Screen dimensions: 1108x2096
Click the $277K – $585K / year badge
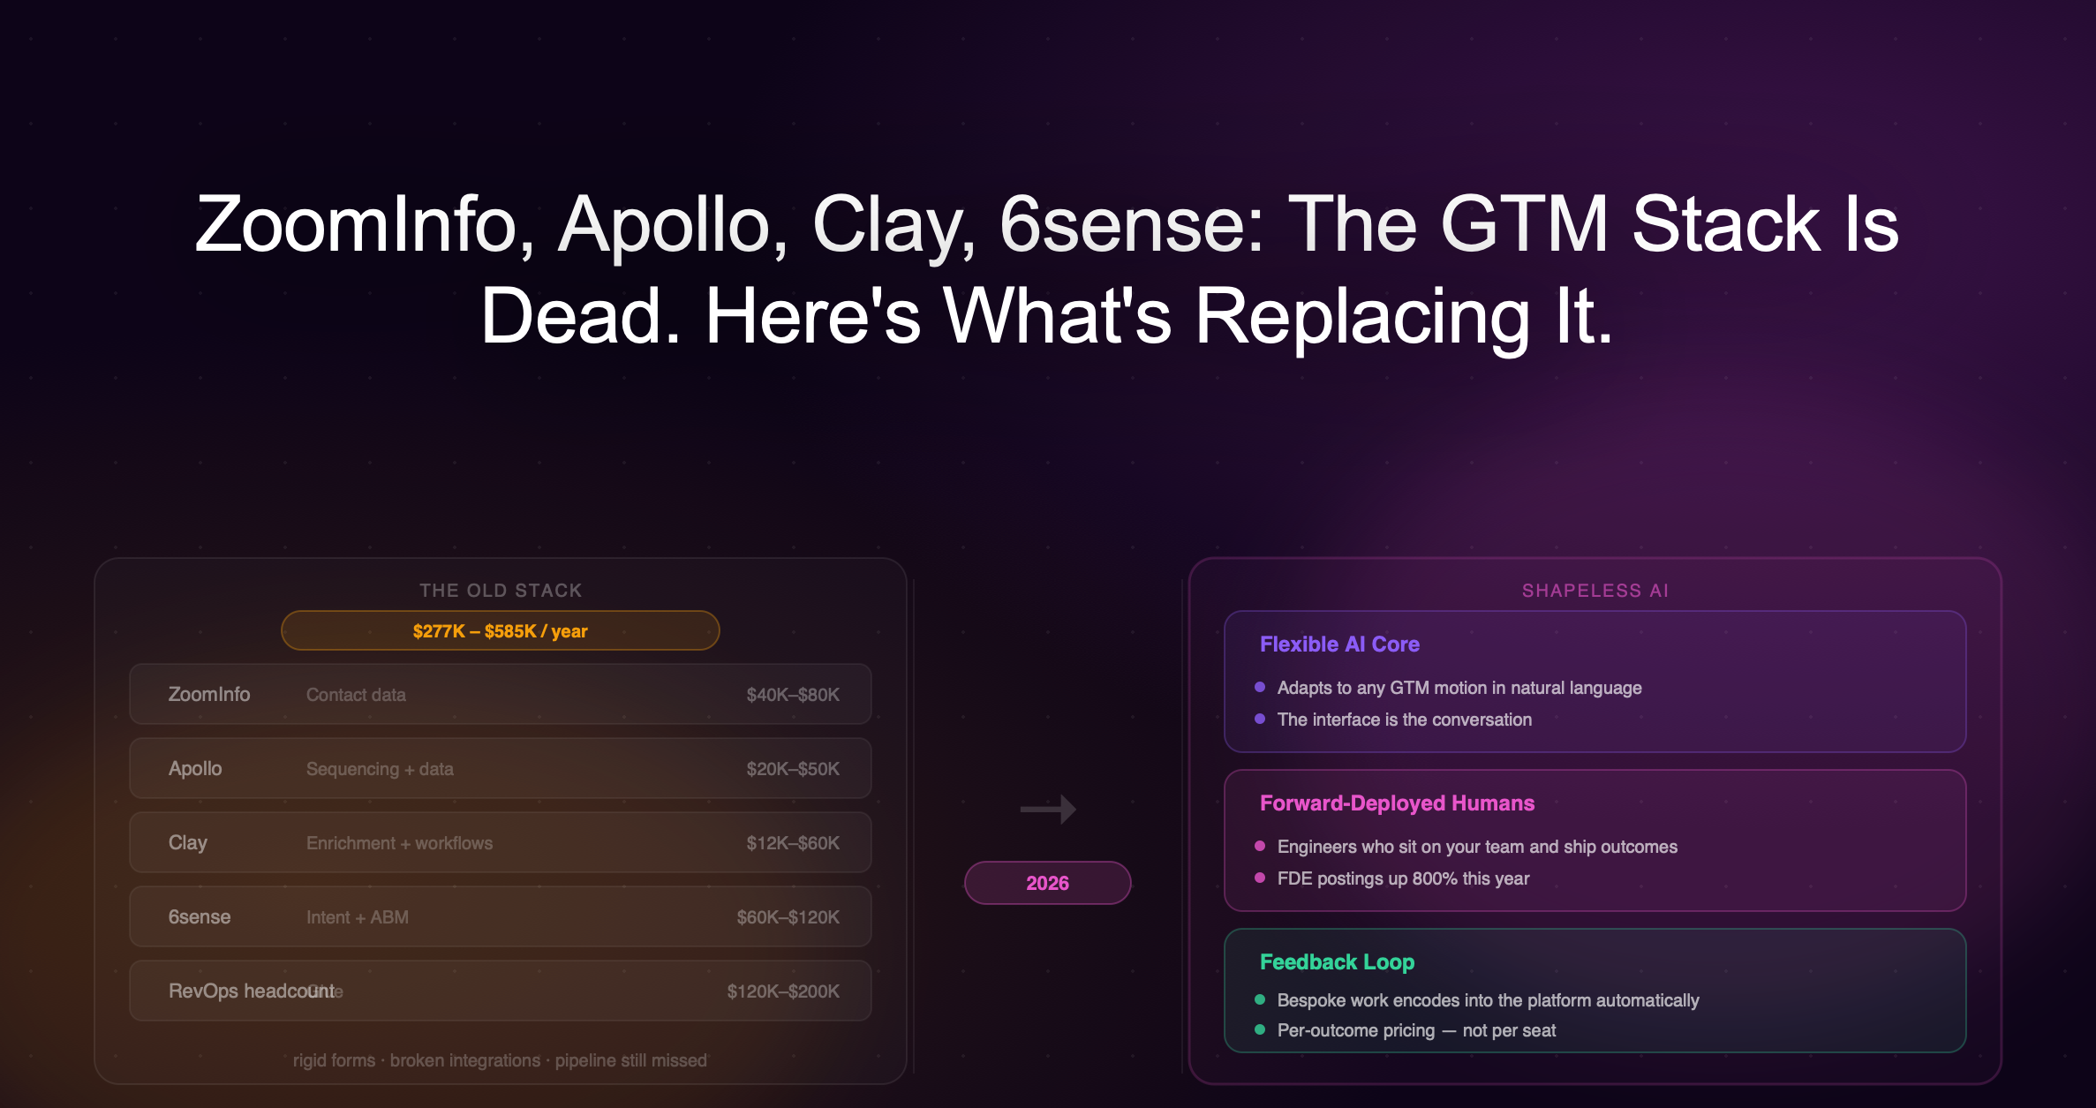[x=500, y=631]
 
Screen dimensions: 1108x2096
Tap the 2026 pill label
[x=1047, y=883]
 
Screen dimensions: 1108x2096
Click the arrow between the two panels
[x=1048, y=809]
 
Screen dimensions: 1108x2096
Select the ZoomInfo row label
[x=209, y=695]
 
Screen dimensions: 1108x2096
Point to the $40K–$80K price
[x=793, y=695]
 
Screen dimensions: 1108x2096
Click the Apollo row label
[x=195, y=769]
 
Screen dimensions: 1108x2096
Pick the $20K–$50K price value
[x=793, y=769]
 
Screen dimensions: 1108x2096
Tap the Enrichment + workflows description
[x=399, y=843]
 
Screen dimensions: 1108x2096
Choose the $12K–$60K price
[x=793, y=843]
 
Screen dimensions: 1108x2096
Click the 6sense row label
[x=200, y=917]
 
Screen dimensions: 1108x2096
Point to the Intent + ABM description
[x=358, y=917]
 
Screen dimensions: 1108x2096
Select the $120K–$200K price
[x=783, y=991]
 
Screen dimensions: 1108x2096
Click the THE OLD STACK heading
[x=501, y=591]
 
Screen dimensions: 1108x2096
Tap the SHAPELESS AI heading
[x=1595, y=591]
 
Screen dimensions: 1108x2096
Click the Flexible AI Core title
[x=1339, y=644]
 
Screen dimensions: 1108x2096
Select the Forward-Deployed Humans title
[x=1397, y=803]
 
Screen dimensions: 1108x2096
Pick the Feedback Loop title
[x=1337, y=962]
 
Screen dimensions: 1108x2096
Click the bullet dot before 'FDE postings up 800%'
[x=1260, y=878]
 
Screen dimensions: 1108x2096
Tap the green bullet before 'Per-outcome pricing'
[x=1260, y=1029]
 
